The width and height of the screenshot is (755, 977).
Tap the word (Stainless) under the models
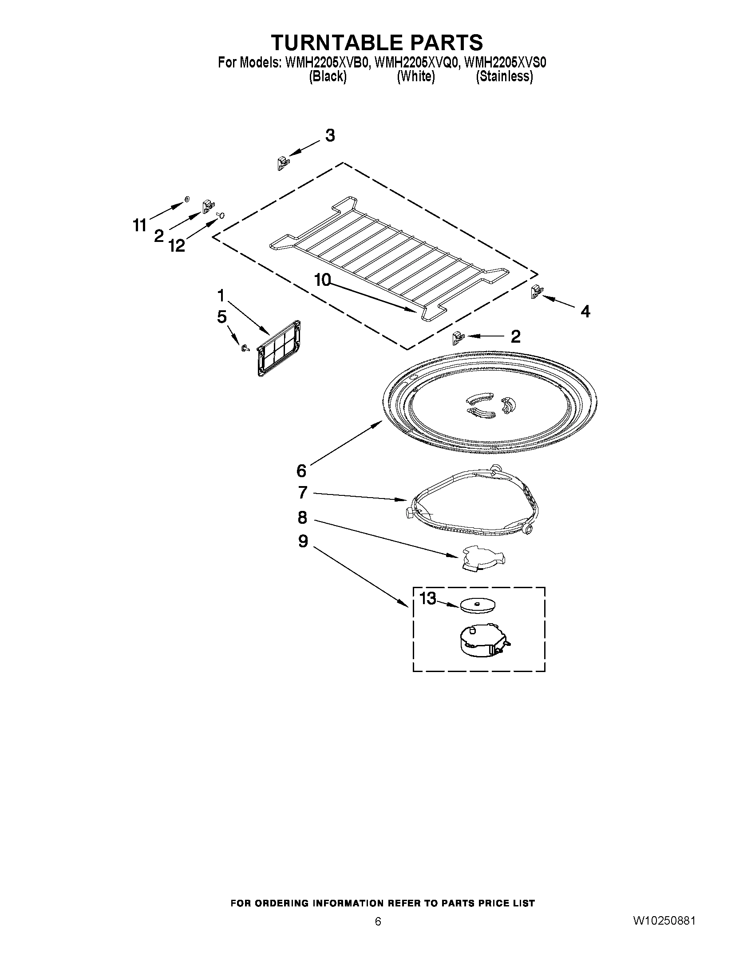click(x=504, y=76)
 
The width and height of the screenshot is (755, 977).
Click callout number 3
click(x=330, y=135)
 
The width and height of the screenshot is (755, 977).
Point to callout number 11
click(x=140, y=225)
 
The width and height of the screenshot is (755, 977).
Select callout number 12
click(x=177, y=245)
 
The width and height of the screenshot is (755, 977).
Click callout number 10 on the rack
click(x=322, y=280)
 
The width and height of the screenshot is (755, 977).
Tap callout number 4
click(x=585, y=311)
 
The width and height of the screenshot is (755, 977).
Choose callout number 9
click(x=303, y=542)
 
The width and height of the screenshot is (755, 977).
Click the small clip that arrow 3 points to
click(x=282, y=163)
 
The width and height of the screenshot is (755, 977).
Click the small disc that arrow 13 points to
click(x=477, y=606)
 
